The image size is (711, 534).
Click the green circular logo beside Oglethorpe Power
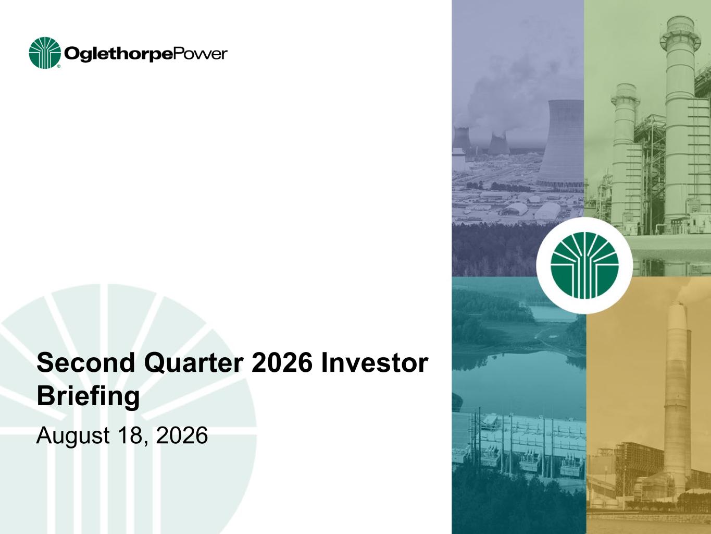pos(45,53)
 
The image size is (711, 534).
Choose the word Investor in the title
pos(375,362)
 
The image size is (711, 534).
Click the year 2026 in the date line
pos(182,435)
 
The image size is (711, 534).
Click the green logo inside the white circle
pos(584,265)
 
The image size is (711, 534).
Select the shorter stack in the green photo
pos(625,152)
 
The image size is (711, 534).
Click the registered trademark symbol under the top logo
pos(59,66)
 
